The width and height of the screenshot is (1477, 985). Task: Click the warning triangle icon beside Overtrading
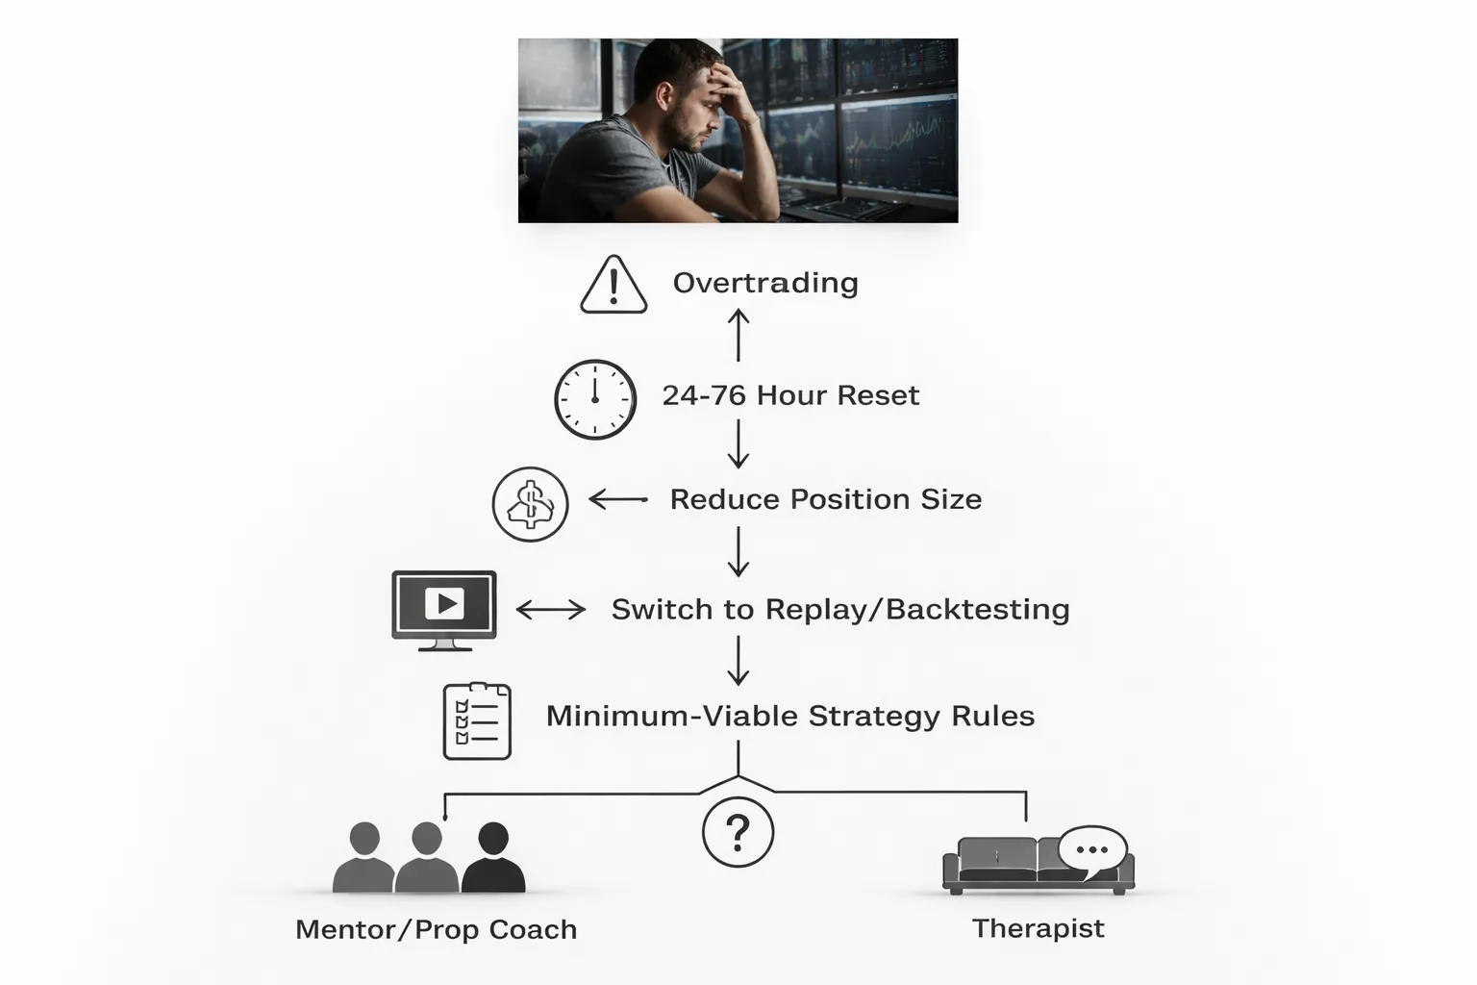pyautogui.click(x=613, y=286)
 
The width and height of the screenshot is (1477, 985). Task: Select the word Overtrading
pyautogui.click(x=765, y=283)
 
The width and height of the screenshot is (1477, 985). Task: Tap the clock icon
pyautogui.click(x=595, y=400)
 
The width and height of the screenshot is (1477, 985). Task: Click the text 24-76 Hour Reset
pyautogui.click(x=790, y=395)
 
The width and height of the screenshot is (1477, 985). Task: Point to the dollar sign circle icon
pyautogui.click(x=530, y=504)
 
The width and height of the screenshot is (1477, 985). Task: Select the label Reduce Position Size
pyautogui.click(x=825, y=499)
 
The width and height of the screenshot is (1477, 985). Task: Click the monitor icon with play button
pyautogui.click(x=444, y=608)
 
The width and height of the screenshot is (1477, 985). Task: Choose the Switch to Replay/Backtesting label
pyautogui.click(x=840, y=610)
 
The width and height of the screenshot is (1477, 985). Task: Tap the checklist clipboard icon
pyautogui.click(x=477, y=721)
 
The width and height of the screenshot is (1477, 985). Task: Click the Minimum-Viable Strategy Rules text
pyautogui.click(x=790, y=716)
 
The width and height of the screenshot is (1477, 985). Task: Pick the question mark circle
pyautogui.click(x=738, y=832)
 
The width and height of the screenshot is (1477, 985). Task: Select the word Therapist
pyautogui.click(x=1038, y=928)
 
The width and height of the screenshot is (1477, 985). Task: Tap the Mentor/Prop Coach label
pyautogui.click(x=436, y=929)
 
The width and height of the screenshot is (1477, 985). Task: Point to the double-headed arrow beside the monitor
pyautogui.click(x=551, y=610)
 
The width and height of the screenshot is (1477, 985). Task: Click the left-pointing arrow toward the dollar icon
pyautogui.click(x=618, y=499)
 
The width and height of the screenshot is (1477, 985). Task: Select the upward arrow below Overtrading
pyautogui.click(x=738, y=336)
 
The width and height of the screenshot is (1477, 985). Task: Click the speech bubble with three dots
pyautogui.click(x=1092, y=850)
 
